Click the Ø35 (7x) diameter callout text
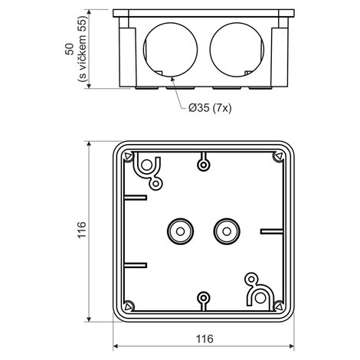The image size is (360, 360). (210, 108)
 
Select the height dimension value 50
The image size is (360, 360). (69, 49)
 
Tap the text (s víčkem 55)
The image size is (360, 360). (83, 49)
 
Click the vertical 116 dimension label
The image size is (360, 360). (82, 230)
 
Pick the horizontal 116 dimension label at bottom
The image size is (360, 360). (205, 339)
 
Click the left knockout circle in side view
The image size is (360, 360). (170, 50)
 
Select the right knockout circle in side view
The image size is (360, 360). (237, 50)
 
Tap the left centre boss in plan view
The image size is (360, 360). (180, 231)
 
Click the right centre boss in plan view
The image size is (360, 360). (227, 231)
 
